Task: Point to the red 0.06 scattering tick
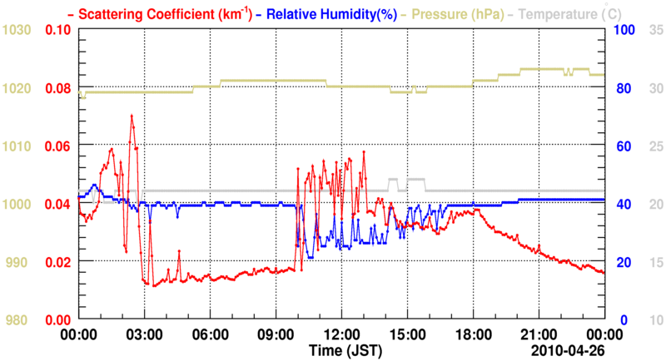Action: [58, 146]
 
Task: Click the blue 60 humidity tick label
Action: [621, 146]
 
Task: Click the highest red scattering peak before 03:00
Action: [131, 116]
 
